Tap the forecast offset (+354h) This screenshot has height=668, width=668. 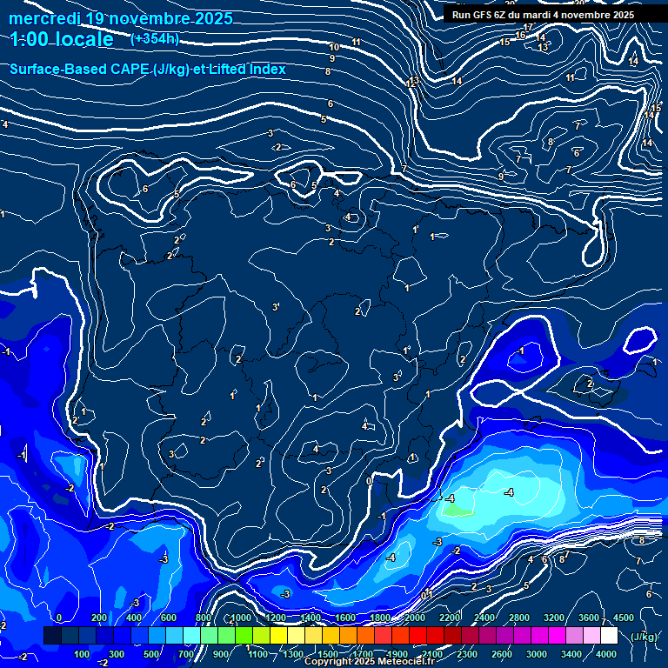pos(154,39)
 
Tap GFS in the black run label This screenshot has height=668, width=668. pos(484,15)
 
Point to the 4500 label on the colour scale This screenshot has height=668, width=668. pos(623,618)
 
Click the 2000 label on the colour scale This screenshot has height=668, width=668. pos(414,618)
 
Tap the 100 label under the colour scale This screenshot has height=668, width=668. pos(83,654)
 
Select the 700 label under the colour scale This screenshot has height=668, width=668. pos(186,654)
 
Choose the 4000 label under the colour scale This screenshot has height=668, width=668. pos(606,654)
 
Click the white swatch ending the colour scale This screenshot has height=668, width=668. pos(609,636)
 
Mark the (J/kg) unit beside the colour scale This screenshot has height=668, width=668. pos(645,637)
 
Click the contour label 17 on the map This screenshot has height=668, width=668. pos(528,28)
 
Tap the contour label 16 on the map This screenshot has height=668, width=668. pos(520,36)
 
